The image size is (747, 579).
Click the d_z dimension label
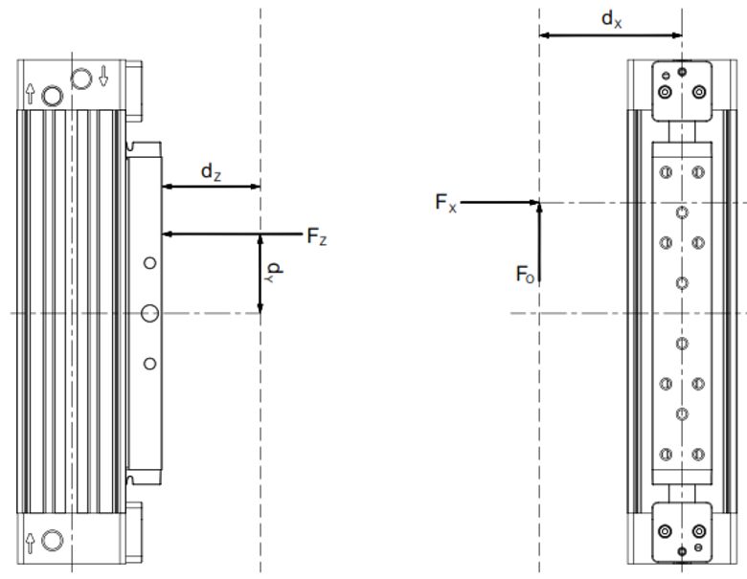point(212,172)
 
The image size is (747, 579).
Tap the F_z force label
point(317,238)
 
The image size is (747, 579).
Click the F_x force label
point(443,203)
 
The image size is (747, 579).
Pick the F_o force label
point(524,276)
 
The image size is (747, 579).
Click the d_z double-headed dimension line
point(212,187)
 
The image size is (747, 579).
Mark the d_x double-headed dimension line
point(611,35)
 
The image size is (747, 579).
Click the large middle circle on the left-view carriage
point(149,312)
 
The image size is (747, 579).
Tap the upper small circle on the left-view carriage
point(149,262)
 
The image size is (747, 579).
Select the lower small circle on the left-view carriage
point(149,363)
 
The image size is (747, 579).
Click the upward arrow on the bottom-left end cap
point(32,539)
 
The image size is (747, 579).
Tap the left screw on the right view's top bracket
point(664,92)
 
